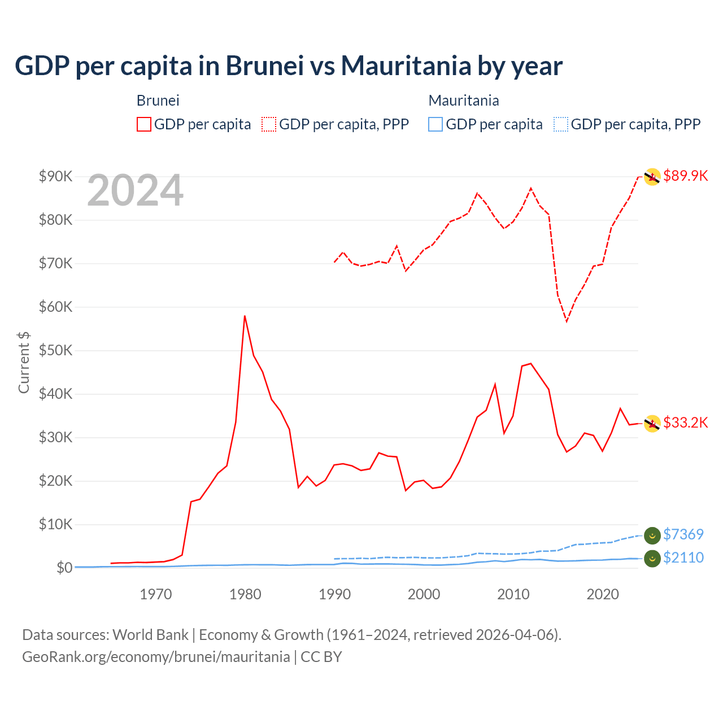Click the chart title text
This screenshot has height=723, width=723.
point(289,66)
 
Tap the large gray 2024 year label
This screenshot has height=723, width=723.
point(135,190)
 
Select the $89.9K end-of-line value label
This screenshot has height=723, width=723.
point(685,176)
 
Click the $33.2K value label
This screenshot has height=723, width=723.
point(685,423)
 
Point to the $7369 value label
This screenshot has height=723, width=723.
point(683,534)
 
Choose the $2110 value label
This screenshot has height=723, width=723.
point(683,558)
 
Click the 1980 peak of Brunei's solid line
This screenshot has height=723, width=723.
point(245,316)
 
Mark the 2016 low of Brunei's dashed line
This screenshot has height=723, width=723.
point(567,321)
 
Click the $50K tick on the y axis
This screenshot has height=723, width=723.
point(55,350)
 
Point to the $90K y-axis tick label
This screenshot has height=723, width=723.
point(55,176)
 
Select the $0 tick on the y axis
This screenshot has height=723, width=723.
point(64,568)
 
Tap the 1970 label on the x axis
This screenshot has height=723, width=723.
point(156,594)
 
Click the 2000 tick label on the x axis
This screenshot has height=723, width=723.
point(424,594)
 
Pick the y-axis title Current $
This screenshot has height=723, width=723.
point(24,362)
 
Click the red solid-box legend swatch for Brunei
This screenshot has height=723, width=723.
point(144,124)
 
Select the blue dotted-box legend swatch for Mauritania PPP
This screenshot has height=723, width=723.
point(561,124)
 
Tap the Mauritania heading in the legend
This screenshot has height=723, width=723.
point(464,101)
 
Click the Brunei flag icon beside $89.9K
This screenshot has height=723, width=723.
point(652,177)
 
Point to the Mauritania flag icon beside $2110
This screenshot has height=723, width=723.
point(652,558)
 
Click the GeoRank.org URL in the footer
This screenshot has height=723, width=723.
point(156,657)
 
